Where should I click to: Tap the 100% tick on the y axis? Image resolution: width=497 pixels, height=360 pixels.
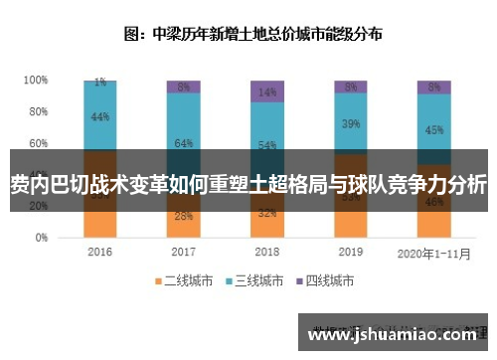tap(36, 80)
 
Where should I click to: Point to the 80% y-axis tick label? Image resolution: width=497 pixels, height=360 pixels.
tap(38, 111)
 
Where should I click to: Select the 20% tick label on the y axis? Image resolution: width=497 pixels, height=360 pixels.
tap(38, 207)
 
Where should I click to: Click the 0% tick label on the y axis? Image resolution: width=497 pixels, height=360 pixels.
tap(41, 239)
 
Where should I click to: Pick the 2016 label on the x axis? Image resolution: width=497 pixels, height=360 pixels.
tap(100, 253)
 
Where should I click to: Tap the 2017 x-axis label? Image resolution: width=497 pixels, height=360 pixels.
tap(183, 253)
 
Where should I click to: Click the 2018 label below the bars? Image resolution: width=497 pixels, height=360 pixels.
tap(266, 253)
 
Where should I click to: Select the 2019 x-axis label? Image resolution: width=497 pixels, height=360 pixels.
tap(350, 253)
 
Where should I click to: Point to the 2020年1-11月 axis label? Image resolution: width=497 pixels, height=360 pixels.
tap(433, 253)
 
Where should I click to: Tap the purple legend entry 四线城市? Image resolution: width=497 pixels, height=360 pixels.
tap(329, 281)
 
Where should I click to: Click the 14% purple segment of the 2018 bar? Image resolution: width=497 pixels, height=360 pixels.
tap(266, 91)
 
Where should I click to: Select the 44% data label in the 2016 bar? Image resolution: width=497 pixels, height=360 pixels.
tap(100, 116)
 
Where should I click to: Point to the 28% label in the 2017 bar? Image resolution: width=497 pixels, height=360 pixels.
tap(183, 216)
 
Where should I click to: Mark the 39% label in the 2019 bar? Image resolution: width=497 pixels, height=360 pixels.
tap(350, 124)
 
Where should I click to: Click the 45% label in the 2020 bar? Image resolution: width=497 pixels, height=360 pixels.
tap(433, 129)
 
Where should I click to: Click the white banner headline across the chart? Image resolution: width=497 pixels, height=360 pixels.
tap(248, 184)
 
